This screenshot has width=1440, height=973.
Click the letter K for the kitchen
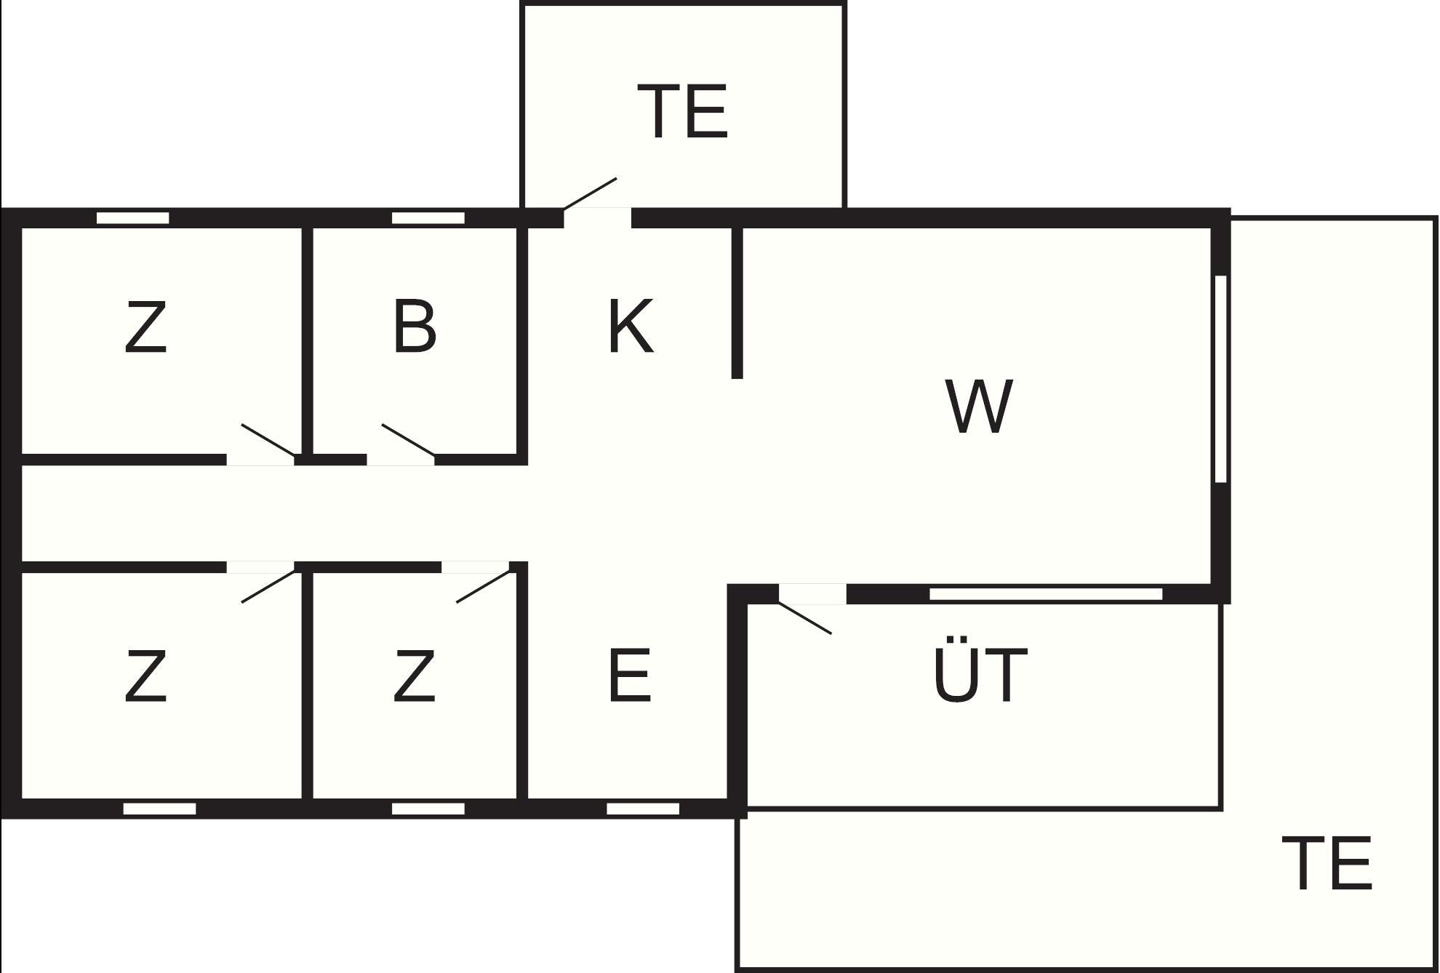630,326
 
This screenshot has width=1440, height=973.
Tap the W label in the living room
979,406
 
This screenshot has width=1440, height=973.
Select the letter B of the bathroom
415,327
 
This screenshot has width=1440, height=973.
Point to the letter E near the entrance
629,676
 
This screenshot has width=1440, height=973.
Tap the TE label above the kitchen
682,111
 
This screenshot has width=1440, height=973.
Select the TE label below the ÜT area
1327,863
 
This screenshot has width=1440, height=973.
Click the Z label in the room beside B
145,328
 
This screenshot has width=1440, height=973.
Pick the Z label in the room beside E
414,676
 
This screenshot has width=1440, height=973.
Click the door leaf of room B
408,440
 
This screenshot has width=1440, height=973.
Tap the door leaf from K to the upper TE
590,193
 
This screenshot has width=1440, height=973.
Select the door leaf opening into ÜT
805,618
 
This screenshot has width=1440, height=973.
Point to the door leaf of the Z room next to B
268,440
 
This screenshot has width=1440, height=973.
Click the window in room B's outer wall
428,218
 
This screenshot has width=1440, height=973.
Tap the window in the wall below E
643,809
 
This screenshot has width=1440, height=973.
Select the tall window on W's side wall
1221,379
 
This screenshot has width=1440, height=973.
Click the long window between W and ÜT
1046,594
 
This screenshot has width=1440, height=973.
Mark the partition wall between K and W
737,303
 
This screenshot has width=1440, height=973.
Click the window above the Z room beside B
133,218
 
